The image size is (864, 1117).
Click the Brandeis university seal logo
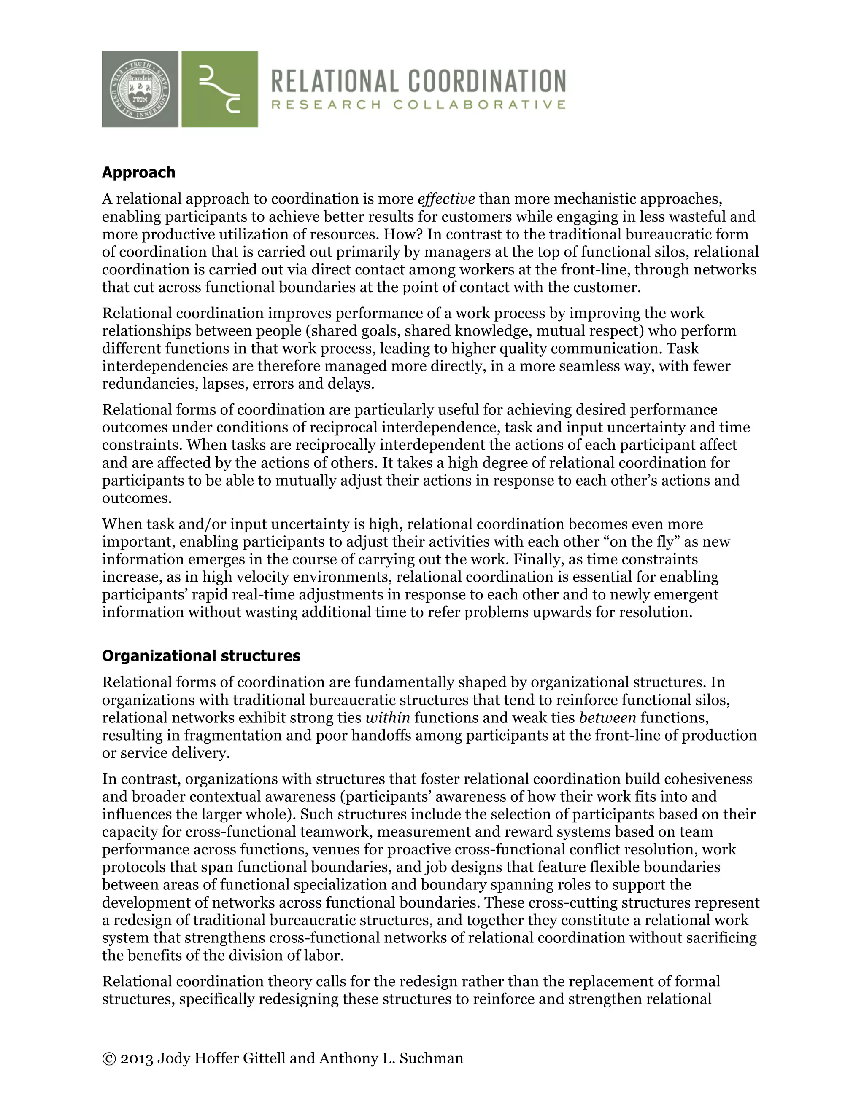click(x=140, y=89)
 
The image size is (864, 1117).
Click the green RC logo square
click(x=219, y=89)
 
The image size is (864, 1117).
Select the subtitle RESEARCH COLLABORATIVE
click(x=418, y=105)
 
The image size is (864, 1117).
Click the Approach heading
click(x=138, y=172)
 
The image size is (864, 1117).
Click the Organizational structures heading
click(x=201, y=656)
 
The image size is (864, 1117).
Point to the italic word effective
click(x=446, y=199)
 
